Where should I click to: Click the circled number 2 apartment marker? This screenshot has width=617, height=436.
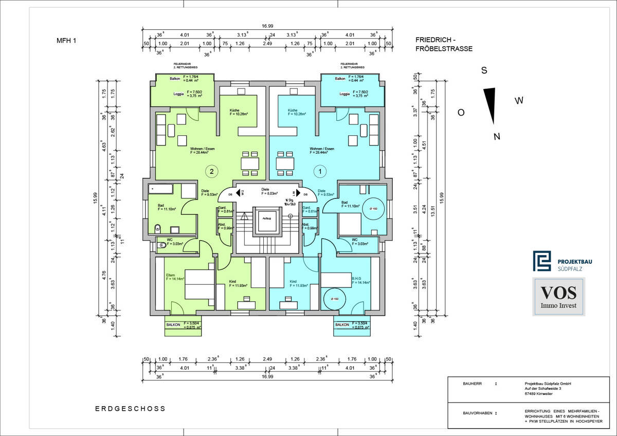211,171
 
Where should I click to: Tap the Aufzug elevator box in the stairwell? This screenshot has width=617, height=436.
266,222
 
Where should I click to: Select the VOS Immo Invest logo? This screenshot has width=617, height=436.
558,296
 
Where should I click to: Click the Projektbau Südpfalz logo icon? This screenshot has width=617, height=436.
541,261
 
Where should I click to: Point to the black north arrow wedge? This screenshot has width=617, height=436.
491,105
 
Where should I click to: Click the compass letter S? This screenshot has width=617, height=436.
484,71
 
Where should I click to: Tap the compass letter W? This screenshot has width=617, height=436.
519,101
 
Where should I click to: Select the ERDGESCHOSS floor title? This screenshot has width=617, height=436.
130,409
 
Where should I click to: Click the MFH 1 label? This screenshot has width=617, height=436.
66,41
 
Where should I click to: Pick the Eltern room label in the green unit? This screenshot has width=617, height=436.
170,276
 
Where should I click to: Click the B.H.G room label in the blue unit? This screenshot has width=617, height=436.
356,279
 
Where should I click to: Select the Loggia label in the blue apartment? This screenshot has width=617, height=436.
344,94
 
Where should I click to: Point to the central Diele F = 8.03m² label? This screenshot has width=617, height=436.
265,191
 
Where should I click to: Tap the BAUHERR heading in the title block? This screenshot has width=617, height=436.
473,384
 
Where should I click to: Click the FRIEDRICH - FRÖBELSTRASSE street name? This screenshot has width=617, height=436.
444,44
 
